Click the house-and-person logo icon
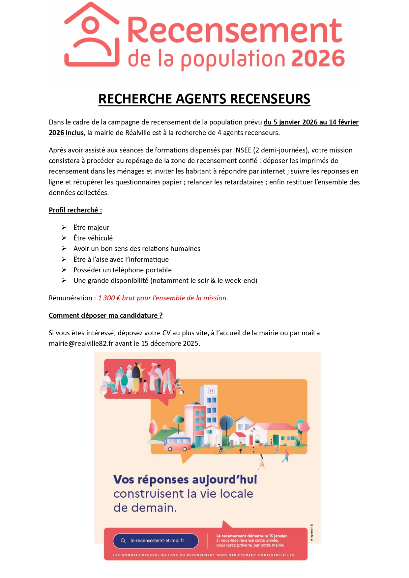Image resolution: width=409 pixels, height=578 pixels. click(x=91, y=35)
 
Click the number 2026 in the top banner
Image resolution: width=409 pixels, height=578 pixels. click(x=318, y=59)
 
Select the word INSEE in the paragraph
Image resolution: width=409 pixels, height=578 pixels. click(x=243, y=150)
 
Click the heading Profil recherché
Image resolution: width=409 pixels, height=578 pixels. click(x=75, y=210)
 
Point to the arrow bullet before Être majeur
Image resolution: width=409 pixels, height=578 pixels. click(x=64, y=227)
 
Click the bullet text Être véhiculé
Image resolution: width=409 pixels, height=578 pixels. click(x=93, y=238)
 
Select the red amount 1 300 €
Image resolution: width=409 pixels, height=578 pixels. click(x=109, y=298)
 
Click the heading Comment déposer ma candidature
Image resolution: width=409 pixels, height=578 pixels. click(x=105, y=316)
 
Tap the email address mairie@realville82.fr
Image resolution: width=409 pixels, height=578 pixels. click(x=81, y=344)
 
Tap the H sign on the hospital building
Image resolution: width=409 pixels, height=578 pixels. click(x=211, y=391)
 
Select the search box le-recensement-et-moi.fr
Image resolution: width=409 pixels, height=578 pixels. click(x=156, y=540)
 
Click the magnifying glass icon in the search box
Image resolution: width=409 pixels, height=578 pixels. click(x=123, y=540)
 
